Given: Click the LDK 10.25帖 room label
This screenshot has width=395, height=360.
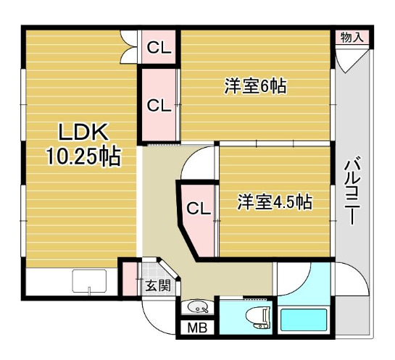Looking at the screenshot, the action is coord(83,144).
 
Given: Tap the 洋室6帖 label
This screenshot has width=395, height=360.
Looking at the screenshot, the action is coord(255,86).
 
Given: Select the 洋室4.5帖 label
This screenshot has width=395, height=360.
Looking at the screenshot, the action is coord(275,201).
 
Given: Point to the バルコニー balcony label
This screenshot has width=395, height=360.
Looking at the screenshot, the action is coord(352,191).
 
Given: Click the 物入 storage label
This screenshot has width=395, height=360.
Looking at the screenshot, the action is coord(352,38).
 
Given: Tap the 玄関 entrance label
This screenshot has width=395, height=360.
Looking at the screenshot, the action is coord(159,285).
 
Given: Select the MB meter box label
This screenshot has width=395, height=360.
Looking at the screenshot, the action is coord(197,328).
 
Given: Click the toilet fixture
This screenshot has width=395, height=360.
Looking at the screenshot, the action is coord(259,318).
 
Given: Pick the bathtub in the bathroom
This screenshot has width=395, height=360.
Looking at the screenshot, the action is coord(304,319).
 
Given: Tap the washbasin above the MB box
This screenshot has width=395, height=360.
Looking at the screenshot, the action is coord(198,306).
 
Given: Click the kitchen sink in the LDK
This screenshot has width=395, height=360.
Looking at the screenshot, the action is coord(89,281).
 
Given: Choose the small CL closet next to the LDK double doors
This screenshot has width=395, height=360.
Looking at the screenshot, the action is coord(159,47).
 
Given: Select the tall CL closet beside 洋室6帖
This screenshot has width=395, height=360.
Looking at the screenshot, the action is coord(159,104).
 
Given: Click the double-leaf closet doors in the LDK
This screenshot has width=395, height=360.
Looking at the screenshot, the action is coord(130,47).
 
